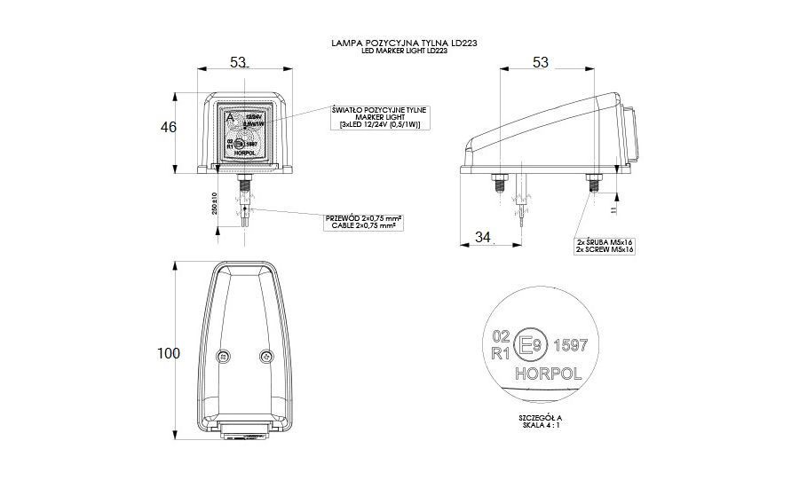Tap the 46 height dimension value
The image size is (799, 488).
(x=169, y=128)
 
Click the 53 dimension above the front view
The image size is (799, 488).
(x=238, y=62)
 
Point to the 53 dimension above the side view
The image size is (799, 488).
(x=541, y=62)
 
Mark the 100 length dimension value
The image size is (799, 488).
(x=168, y=353)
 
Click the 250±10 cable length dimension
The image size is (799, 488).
(x=214, y=204)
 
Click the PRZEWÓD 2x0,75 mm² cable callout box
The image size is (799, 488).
(x=366, y=222)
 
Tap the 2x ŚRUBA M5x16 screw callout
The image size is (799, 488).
(x=604, y=246)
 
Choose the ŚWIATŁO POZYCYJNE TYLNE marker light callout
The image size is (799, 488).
(x=379, y=118)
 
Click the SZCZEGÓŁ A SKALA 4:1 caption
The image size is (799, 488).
(x=542, y=421)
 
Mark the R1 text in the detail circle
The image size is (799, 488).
(x=500, y=352)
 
